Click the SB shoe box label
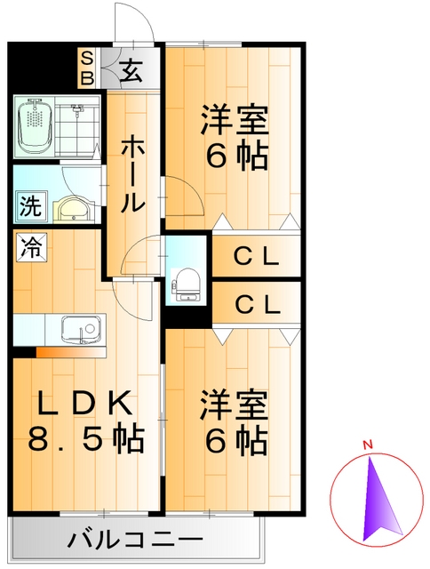tap(87, 68)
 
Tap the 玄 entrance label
tap(130, 68)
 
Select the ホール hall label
tap(131, 173)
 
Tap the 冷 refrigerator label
tap(29, 246)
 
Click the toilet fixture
tap(186, 280)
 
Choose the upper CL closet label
tap(258, 258)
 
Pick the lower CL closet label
tap(258, 304)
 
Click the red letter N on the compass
tap(367, 444)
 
